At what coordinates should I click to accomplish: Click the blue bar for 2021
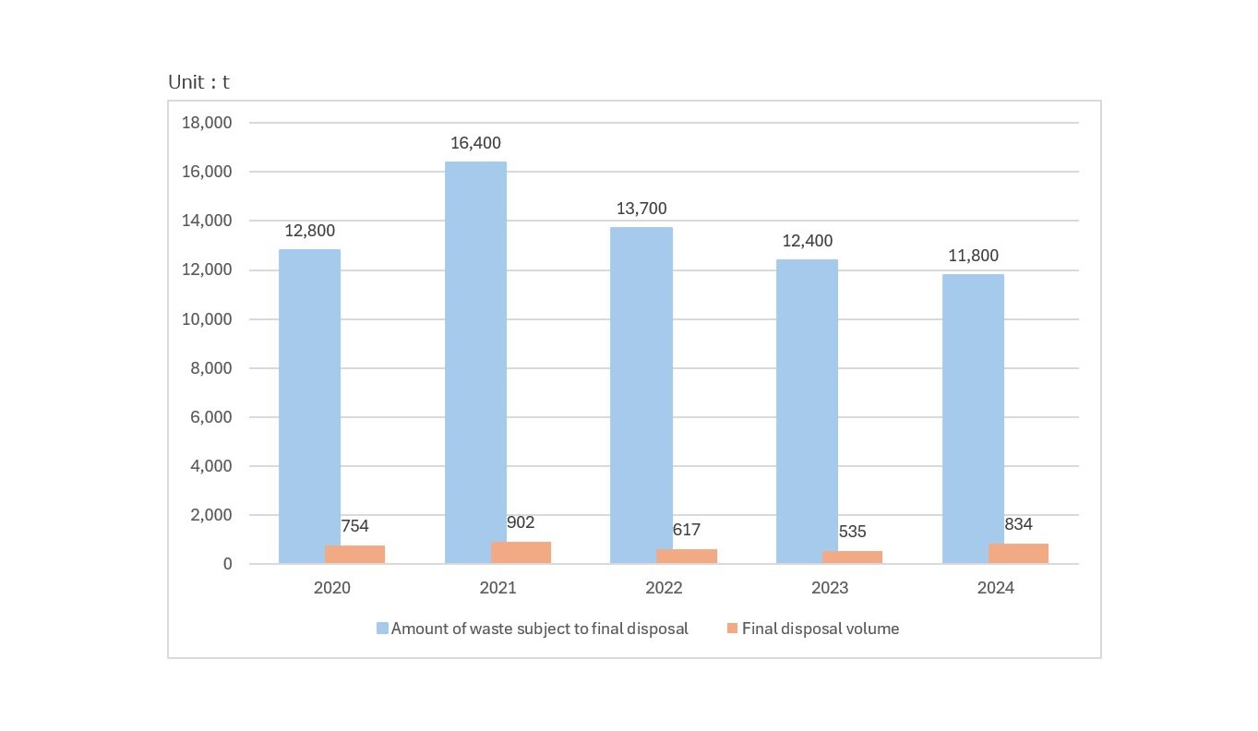[475, 362]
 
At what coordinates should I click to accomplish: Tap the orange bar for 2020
[354, 554]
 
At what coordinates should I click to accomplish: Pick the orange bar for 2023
[852, 557]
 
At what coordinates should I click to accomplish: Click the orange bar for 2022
[686, 556]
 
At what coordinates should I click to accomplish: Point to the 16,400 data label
[475, 143]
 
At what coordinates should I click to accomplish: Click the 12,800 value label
[309, 231]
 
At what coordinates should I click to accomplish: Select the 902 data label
[521, 522]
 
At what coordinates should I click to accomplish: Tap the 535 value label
[853, 532]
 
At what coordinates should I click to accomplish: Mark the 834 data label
[1018, 524]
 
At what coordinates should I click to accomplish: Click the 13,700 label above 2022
[641, 209]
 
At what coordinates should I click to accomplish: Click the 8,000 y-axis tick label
[210, 368]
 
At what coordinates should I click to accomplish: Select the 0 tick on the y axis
[227, 564]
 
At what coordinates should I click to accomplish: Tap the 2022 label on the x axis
[664, 588]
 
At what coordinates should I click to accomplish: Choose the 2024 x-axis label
[995, 588]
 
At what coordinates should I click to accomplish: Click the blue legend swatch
[382, 629]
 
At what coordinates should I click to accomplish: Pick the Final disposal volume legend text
[821, 629]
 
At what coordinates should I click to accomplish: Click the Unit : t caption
[198, 82]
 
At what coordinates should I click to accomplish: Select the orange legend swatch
[733, 629]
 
